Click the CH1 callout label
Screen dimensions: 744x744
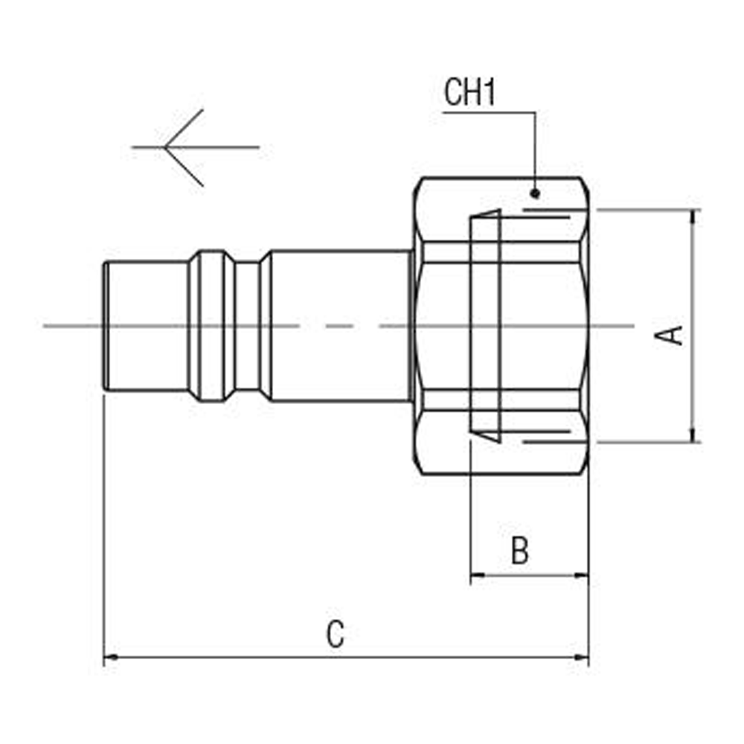coord(469,94)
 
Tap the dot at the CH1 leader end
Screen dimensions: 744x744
coord(535,193)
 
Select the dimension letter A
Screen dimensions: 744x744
coord(672,335)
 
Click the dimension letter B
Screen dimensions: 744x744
coord(520,551)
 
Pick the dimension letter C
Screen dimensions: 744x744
coord(336,635)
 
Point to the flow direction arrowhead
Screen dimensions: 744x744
coord(167,147)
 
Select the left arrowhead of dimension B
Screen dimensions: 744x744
coord(478,574)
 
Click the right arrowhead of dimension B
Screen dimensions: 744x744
coord(581,574)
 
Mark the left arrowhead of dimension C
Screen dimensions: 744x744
coord(110,657)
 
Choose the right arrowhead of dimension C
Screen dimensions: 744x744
coord(581,657)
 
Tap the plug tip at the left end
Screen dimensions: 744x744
coord(106,326)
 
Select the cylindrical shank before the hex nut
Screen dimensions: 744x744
coord(339,326)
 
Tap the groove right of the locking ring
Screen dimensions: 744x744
coord(247,326)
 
